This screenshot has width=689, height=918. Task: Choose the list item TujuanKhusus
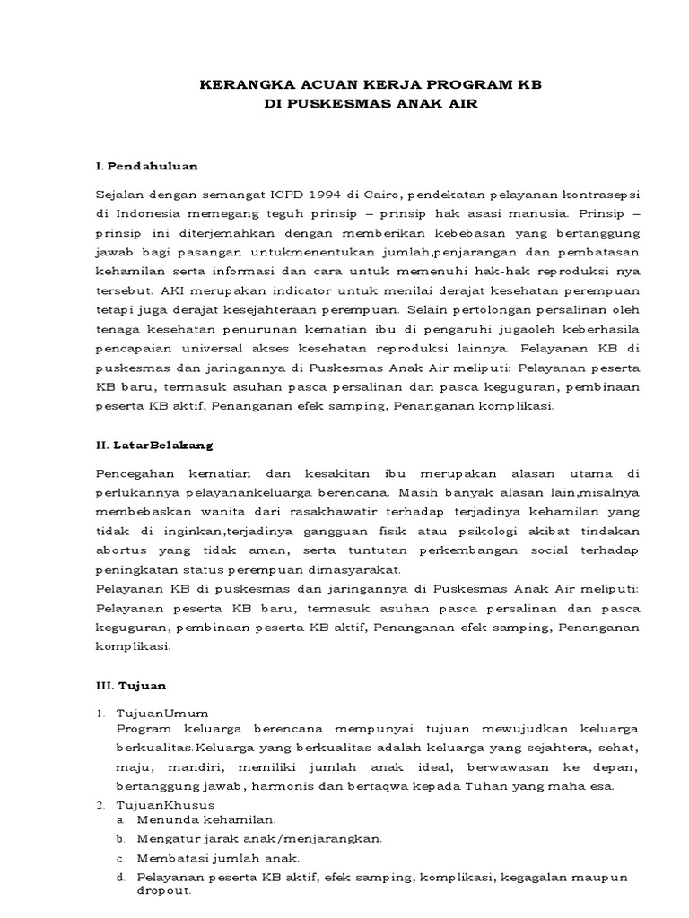(x=165, y=805)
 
